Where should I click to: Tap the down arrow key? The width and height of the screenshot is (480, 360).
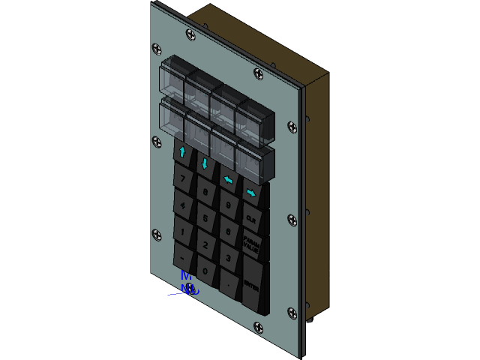tap(205, 163)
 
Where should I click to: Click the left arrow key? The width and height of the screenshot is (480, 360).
tap(228, 179)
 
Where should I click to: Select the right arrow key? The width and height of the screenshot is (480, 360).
tap(251, 193)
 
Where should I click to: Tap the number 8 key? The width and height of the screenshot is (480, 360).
tap(206, 192)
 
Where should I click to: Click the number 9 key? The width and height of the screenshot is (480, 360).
tap(229, 204)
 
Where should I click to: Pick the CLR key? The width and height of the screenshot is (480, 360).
tap(251, 218)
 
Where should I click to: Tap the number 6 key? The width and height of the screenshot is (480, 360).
tap(229, 231)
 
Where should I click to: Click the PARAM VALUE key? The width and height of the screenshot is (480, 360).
tap(251, 244)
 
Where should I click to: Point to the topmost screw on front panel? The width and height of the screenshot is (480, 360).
tap(190, 34)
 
